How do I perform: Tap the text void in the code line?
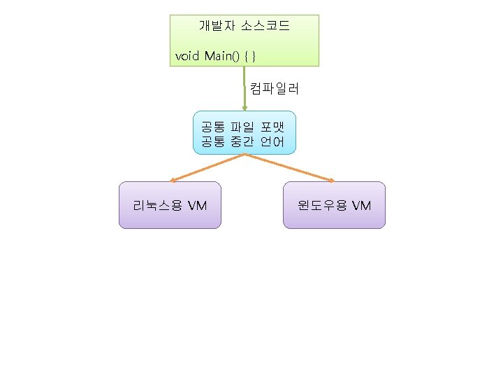[x=187, y=55]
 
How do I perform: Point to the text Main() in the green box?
[x=223, y=55]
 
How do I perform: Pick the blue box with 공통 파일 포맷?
[x=244, y=132]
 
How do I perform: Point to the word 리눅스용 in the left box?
[x=157, y=205]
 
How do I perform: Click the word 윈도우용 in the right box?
[x=321, y=205]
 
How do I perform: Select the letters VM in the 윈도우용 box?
[x=362, y=205]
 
